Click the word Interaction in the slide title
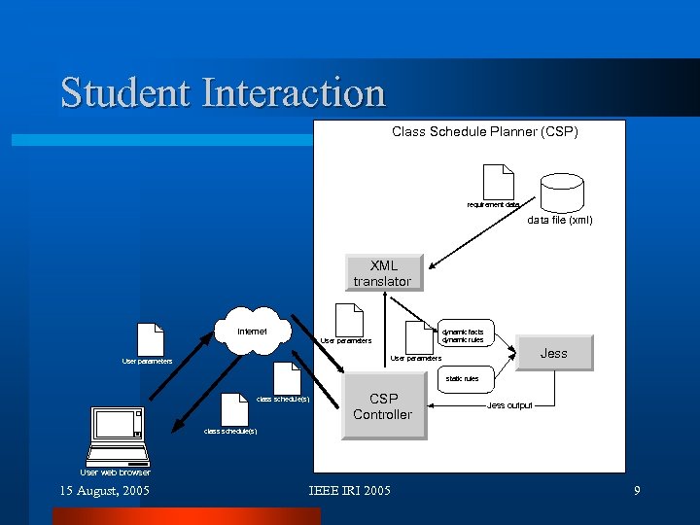(x=294, y=93)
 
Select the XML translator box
(x=382, y=273)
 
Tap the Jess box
(x=553, y=353)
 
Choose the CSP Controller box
(x=382, y=406)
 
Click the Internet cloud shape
(x=253, y=333)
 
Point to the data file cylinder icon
(x=562, y=191)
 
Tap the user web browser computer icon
(x=119, y=437)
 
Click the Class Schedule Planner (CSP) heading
(x=484, y=131)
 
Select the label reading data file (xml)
(x=559, y=220)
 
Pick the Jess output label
(x=509, y=404)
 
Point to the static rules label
(x=462, y=378)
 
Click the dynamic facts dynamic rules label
(x=463, y=335)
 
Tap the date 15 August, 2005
(x=105, y=491)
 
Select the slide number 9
(x=637, y=491)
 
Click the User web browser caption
(x=115, y=472)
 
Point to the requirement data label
(x=494, y=205)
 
